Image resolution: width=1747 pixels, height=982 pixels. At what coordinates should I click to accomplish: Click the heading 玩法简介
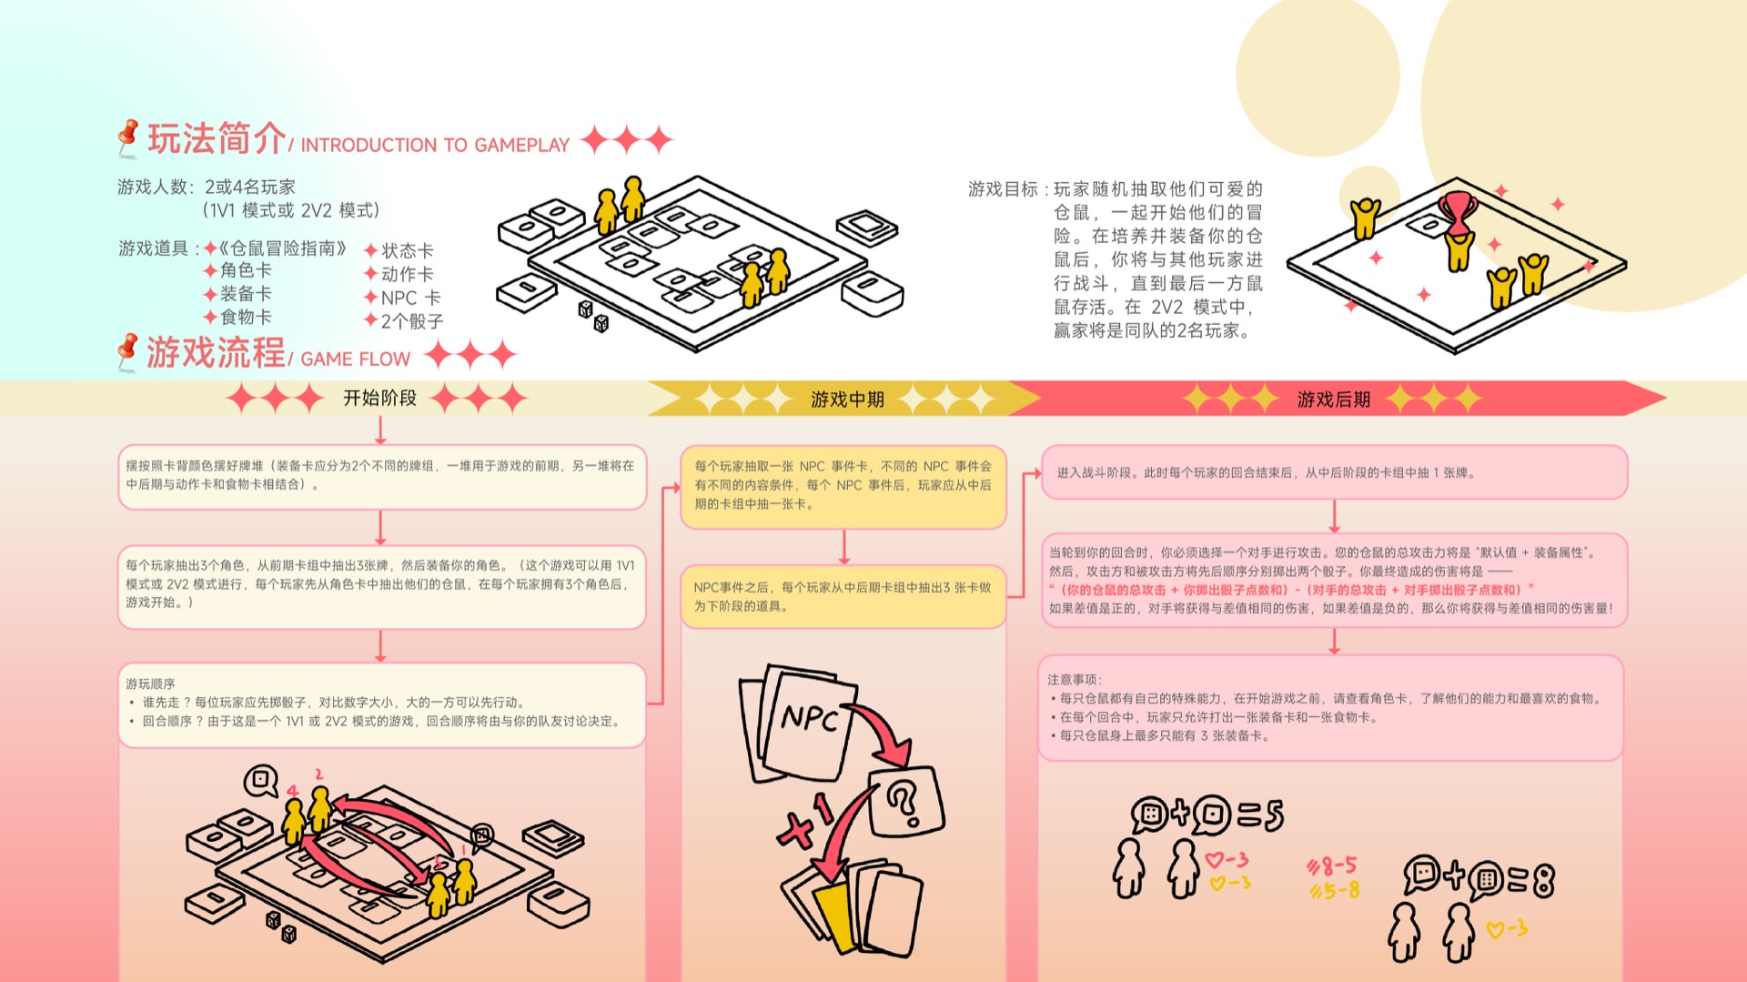click(x=217, y=139)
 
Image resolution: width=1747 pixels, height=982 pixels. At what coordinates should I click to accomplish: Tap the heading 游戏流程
click(x=217, y=353)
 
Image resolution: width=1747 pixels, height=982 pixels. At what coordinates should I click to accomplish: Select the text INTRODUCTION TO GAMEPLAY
click(x=435, y=146)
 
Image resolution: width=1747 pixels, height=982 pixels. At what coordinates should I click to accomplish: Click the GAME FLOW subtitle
click(x=356, y=359)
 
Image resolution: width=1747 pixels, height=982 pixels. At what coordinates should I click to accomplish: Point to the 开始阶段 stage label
click(x=379, y=398)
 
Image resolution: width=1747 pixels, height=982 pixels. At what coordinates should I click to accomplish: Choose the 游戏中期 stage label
click(x=847, y=400)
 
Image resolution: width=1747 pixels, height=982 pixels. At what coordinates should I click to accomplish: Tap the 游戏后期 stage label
click(x=1333, y=400)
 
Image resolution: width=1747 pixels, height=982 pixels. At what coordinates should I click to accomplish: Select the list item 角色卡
click(x=246, y=270)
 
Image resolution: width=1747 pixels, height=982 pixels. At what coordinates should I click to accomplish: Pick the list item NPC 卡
click(x=410, y=298)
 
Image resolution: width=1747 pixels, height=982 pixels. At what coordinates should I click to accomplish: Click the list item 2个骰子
click(x=412, y=321)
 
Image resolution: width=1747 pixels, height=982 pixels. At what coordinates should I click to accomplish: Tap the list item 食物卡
click(x=246, y=317)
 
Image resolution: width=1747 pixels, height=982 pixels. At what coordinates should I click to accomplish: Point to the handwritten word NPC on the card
click(x=809, y=719)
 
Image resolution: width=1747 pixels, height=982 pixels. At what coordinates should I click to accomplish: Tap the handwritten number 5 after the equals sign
click(x=1273, y=815)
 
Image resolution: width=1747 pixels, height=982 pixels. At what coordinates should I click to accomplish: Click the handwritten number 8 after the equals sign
click(x=1543, y=879)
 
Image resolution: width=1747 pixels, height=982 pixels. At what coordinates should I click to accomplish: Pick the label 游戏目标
click(x=1003, y=189)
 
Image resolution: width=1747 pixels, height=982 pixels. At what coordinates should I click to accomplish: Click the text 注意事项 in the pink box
click(x=1074, y=680)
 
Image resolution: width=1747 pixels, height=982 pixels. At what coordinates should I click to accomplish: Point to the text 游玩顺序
click(x=150, y=683)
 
